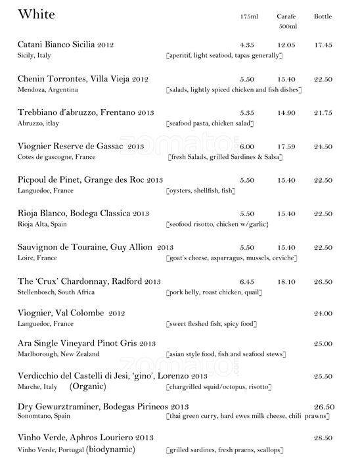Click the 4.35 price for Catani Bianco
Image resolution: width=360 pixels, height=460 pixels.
(x=248, y=45)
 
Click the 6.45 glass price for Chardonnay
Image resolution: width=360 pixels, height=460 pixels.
(x=248, y=281)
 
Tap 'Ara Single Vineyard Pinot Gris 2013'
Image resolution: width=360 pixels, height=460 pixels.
(x=87, y=343)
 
